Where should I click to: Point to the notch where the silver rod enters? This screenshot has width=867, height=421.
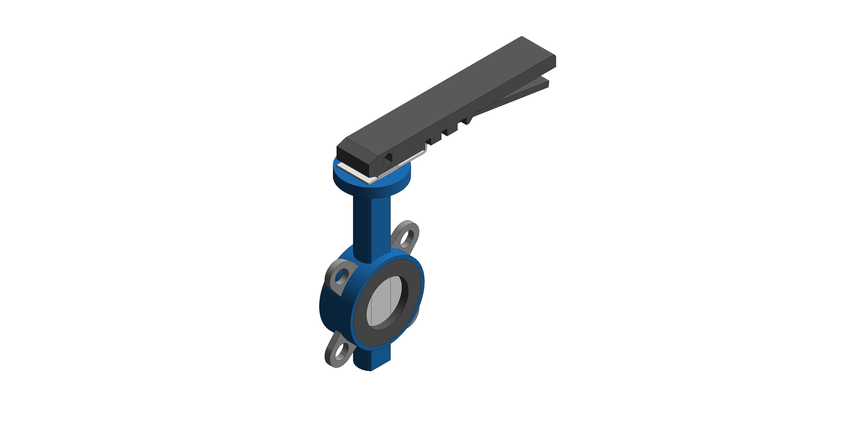[x=428, y=141]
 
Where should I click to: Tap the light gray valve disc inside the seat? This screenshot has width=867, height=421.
[x=380, y=303]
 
